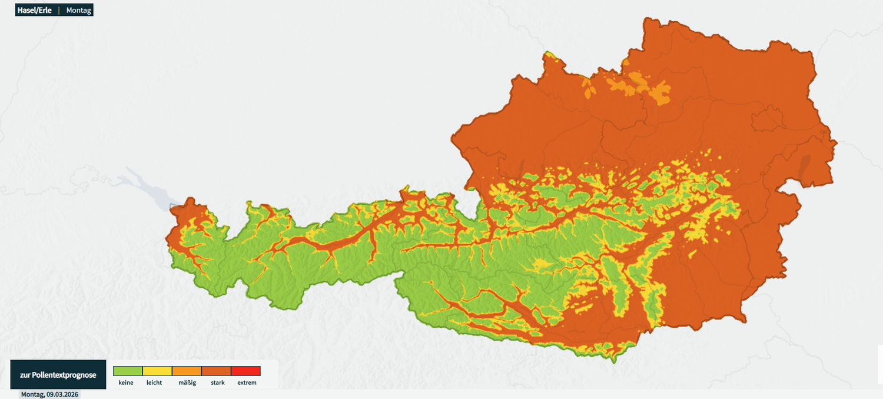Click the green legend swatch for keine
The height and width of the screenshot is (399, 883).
(128, 371)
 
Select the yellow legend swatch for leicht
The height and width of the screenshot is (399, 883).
(157, 371)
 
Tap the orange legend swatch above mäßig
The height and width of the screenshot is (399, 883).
(187, 371)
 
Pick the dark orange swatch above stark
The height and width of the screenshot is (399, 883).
(216, 371)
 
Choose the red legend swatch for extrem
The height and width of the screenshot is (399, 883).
(245, 371)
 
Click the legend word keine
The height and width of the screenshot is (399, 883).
(126, 383)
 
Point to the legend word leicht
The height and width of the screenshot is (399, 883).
(154, 383)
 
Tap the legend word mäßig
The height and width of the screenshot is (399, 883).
(186, 383)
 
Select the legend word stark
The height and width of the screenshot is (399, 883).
(218, 383)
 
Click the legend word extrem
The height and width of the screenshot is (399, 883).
(247, 383)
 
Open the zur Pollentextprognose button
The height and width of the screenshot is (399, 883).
(58, 375)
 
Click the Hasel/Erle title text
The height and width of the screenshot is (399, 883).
(34, 11)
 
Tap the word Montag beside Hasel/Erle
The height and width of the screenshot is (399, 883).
(79, 11)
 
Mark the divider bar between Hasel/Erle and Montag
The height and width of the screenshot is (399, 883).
(59, 11)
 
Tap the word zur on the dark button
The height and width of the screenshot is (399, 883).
(25, 375)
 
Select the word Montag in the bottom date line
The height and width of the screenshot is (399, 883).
(32, 394)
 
